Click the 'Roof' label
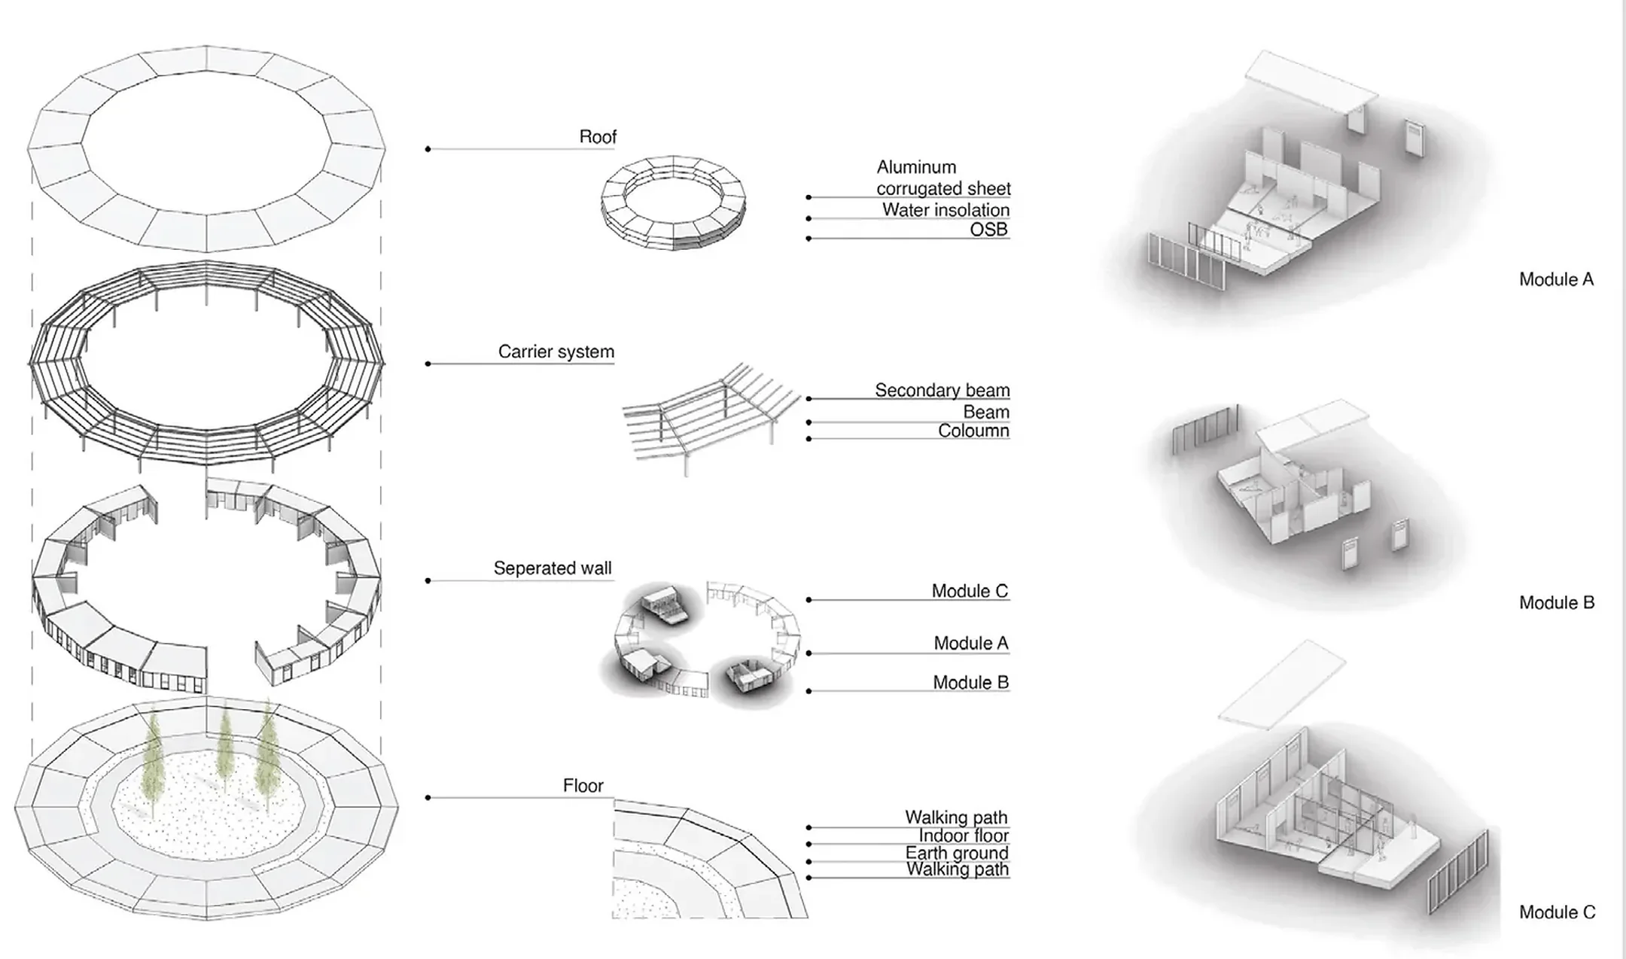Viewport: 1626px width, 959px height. point(598,137)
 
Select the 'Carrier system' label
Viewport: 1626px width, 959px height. point(556,352)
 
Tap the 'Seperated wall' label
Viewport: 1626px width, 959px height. point(552,568)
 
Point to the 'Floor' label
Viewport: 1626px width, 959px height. point(583,786)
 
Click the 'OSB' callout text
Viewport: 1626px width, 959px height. point(988,230)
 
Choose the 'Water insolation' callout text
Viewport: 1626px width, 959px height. point(945,210)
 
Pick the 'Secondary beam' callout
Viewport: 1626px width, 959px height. point(942,390)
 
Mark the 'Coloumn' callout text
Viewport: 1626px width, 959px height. point(973,431)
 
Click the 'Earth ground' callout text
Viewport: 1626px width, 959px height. point(956,853)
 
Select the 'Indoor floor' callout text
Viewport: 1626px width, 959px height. point(963,836)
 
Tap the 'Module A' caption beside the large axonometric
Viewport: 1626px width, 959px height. point(1556,279)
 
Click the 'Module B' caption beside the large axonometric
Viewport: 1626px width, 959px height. point(1556,602)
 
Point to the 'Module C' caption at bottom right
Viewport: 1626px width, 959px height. point(1557,912)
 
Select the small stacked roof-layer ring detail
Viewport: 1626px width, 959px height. point(673,202)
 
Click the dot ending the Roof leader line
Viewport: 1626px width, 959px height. point(428,149)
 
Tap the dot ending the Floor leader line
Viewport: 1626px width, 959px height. point(428,797)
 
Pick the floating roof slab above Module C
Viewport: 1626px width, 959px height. point(1281,685)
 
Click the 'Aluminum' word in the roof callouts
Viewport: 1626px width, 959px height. point(915,167)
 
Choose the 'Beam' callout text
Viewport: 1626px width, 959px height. point(985,412)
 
